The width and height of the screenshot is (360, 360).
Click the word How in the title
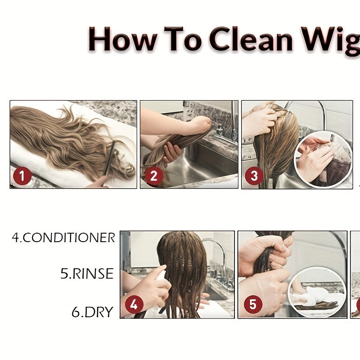click(122, 39)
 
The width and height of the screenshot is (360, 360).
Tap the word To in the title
click(183, 39)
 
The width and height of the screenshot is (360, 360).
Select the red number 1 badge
click(22, 176)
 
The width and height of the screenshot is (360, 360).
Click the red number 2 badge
click(154, 176)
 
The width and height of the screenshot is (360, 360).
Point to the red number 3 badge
click(254, 176)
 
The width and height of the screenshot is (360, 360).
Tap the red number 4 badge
click(134, 305)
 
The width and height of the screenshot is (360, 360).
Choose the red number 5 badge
click(253, 305)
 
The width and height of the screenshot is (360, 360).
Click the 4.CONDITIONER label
click(63, 238)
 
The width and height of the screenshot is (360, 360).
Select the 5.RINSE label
click(87, 274)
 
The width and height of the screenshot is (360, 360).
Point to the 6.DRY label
click(93, 312)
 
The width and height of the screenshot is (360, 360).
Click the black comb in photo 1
click(109, 158)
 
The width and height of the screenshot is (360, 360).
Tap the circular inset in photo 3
click(323, 160)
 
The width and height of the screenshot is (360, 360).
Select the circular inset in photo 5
click(317, 292)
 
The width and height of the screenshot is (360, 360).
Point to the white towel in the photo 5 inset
click(310, 296)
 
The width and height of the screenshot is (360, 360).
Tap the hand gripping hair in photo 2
click(171, 152)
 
